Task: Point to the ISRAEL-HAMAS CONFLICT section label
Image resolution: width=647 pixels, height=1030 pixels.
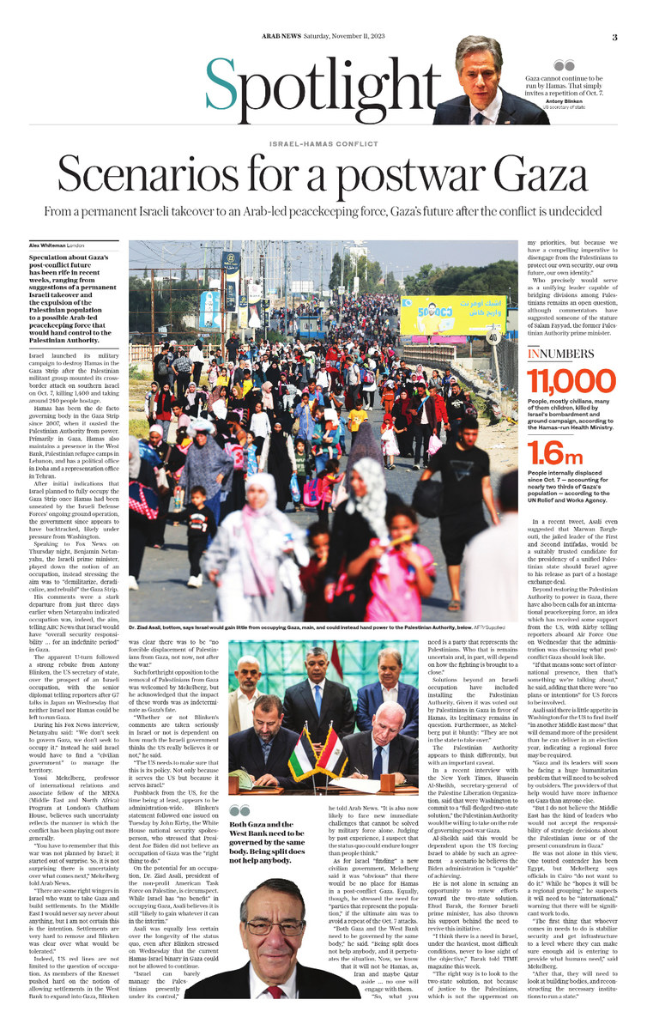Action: (323, 143)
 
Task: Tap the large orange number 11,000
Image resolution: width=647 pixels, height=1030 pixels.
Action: (571, 382)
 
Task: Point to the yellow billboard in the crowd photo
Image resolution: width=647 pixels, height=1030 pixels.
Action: (452, 314)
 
